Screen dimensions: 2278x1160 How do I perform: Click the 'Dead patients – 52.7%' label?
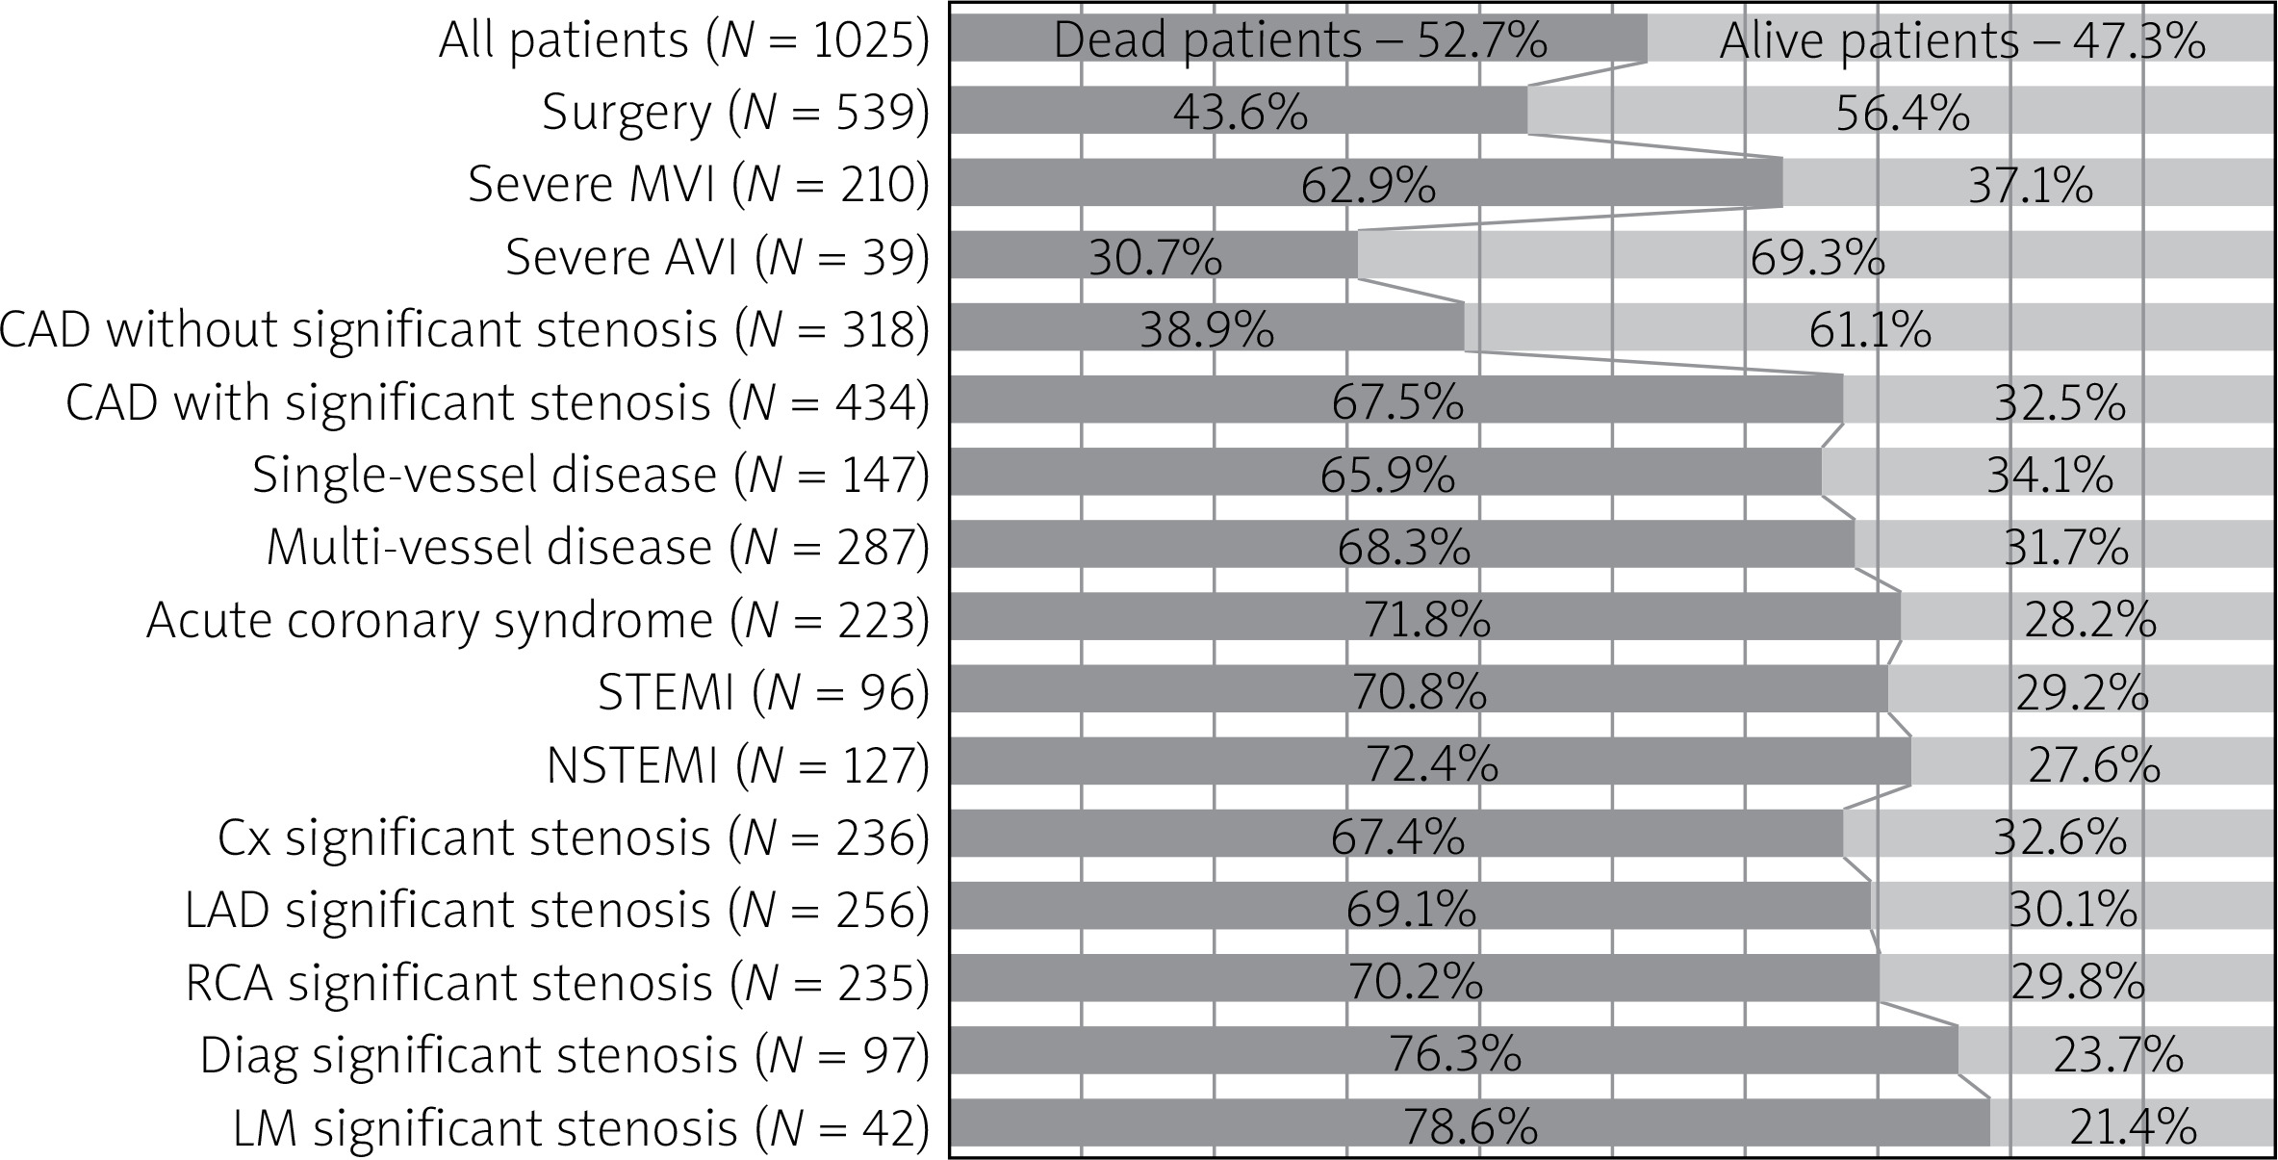[1300, 40]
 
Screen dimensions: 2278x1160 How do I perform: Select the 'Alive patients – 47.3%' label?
[1963, 40]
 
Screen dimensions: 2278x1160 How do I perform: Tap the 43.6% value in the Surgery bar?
[1241, 113]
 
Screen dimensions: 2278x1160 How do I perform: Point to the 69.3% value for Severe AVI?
[1818, 257]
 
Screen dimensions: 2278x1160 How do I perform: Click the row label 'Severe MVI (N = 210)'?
[700, 184]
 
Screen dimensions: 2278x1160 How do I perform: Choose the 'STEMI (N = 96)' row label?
[764, 692]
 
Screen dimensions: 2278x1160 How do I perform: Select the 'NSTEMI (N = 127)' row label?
[738, 765]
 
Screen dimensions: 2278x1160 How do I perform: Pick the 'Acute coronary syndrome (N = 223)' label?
[539, 620]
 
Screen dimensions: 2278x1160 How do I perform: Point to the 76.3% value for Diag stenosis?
[1454, 1054]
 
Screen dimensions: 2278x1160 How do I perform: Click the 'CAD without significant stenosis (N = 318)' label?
[465, 329]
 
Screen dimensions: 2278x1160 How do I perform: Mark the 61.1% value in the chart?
[1870, 329]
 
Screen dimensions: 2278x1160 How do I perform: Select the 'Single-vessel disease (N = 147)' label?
[592, 475]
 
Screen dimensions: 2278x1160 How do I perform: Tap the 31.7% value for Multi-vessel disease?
[2065, 548]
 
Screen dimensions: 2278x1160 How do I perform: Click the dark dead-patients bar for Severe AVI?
[1154, 255]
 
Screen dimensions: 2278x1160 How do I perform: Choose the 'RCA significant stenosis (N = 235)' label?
[558, 983]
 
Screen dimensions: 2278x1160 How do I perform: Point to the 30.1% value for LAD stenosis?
[2073, 910]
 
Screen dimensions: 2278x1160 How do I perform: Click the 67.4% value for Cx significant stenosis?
[1398, 837]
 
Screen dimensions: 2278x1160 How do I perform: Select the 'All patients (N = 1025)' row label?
[685, 40]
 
